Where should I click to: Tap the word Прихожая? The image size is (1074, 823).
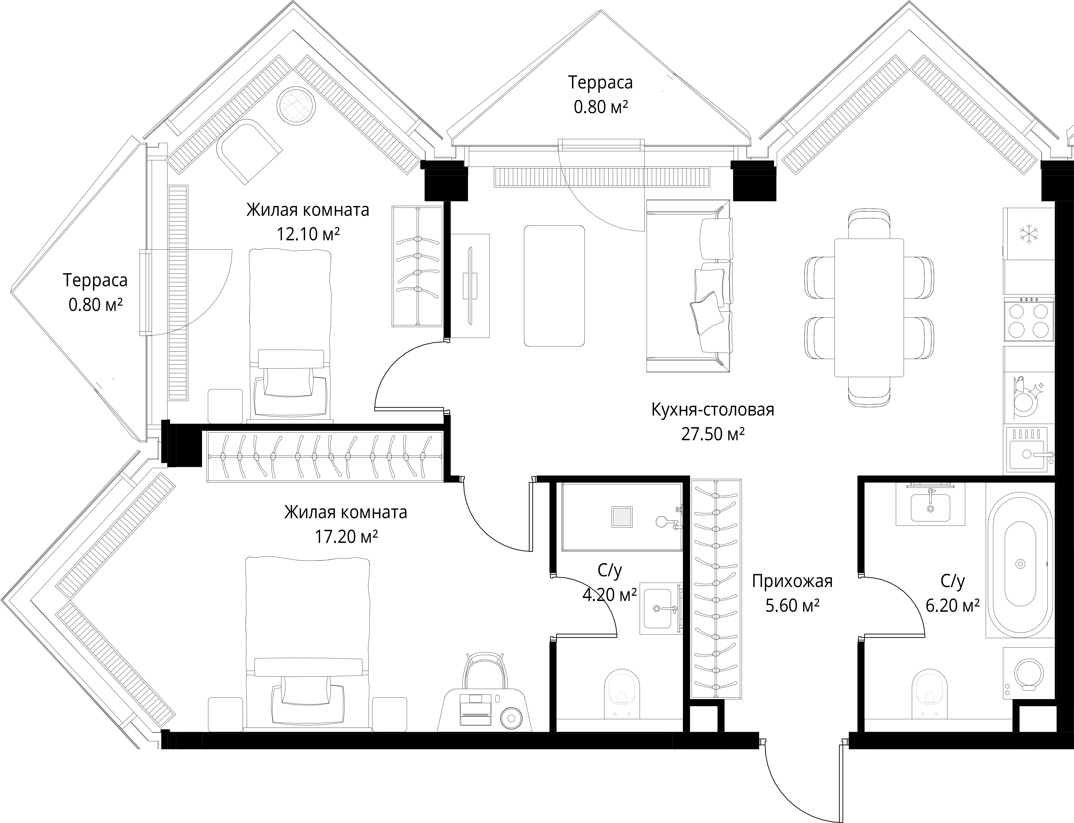point(792,582)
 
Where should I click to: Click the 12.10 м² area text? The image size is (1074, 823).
point(308,234)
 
